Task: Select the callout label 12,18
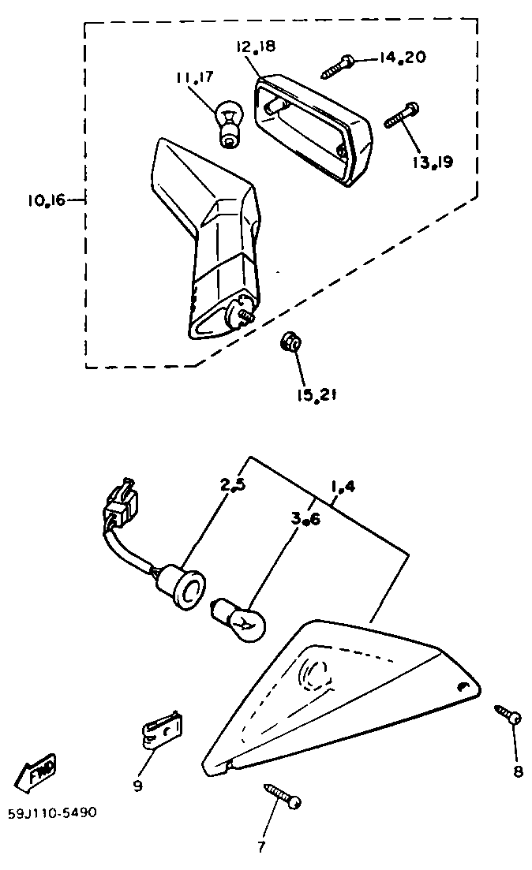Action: [x=254, y=47]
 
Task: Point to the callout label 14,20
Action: [x=403, y=58]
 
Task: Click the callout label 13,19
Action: [x=432, y=162]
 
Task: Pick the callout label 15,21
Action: [x=317, y=395]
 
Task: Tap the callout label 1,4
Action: [x=343, y=487]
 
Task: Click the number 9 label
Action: [x=137, y=786]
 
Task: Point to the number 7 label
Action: [x=261, y=848]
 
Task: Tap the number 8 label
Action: [x=518, y=771]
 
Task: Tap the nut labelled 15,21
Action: [x=290, y=343]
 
